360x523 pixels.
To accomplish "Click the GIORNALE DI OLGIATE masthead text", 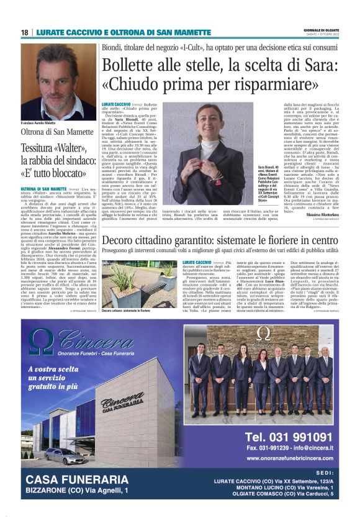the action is (x=322, y=30).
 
